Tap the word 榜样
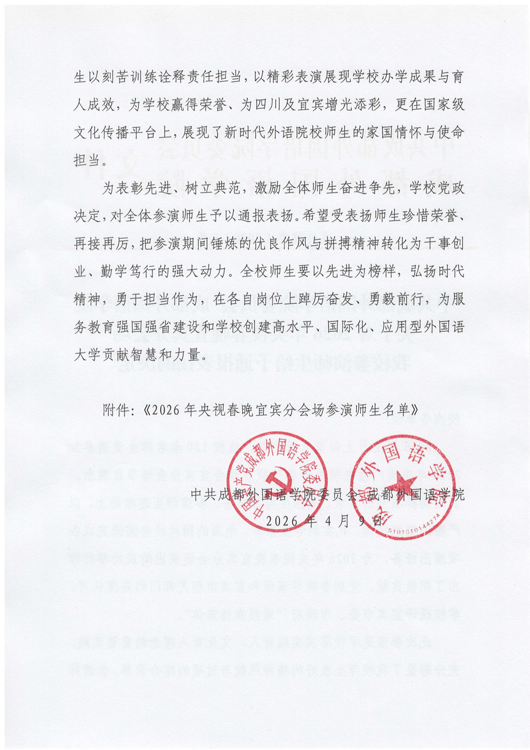click(382, 272)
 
